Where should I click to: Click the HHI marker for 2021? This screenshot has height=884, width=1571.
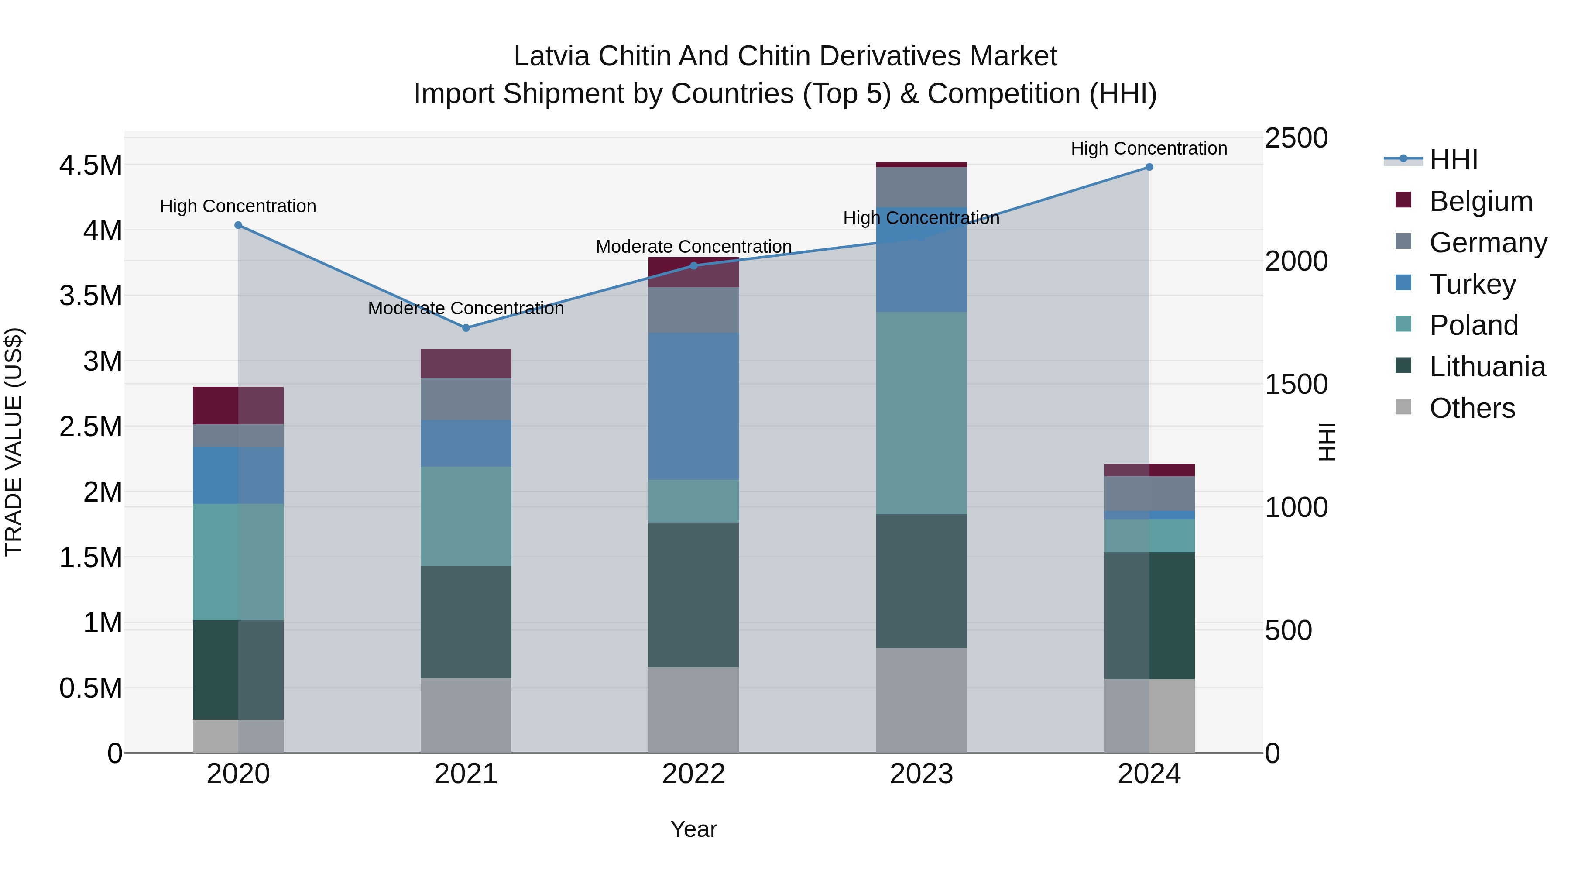tap(466, 327)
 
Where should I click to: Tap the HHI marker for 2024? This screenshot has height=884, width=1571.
tap(1149, 167)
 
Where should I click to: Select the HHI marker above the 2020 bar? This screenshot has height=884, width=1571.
tap(238, 225)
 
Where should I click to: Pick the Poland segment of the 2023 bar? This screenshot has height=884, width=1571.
tap(922, 413)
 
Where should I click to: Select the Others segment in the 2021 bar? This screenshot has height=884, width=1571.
tap(466, 715)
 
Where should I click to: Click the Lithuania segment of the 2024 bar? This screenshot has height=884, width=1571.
tap(1149, 616)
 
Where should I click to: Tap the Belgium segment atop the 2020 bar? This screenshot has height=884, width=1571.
tap(238, 405)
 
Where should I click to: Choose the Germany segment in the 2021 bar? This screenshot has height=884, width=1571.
tap(466, 399)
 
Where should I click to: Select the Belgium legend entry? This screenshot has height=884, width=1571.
tap(1480, 201)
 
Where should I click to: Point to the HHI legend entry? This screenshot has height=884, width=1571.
tap(1453, 160)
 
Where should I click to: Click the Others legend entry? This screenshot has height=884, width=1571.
tap(1472, 408)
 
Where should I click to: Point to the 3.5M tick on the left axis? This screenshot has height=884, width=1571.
tap(90, 296)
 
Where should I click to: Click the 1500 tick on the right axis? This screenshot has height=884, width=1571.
tap(1296, 384)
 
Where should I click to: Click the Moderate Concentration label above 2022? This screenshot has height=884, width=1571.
tap(693, 247)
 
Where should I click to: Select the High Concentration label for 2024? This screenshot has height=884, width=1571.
tap(1149, 148)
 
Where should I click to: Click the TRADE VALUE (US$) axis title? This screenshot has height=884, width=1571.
tap(14, 442)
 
